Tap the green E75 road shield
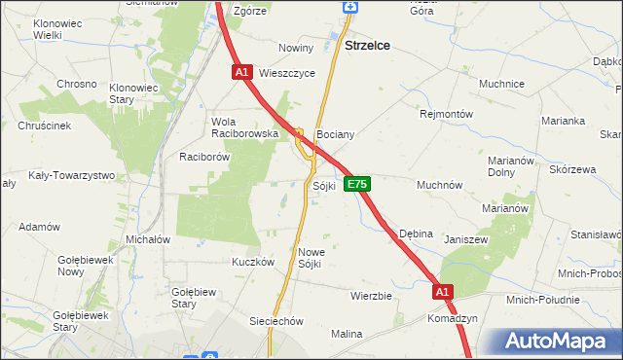[x=356, y=184]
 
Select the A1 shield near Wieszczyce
[x=242, y=72]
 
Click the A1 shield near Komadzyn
[x=443, y=291]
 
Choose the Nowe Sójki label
[x=311, y=258]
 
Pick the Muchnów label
[x=439, y=185]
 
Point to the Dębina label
[x=416, y=234]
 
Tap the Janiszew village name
[x=465, y=239]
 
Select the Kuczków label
[x=250, y=262]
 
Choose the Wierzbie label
[x=371, y=295]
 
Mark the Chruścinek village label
[x=44, y=126]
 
